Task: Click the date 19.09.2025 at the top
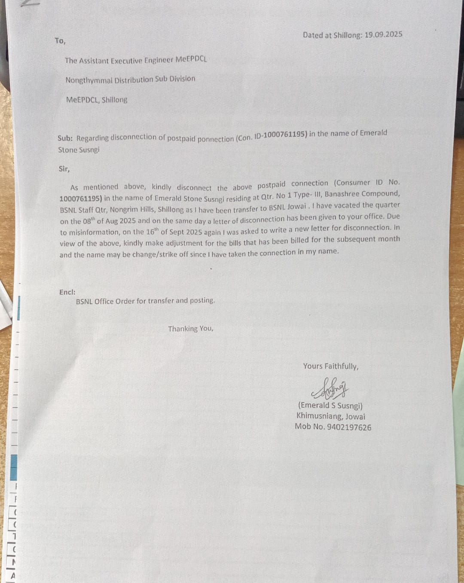(x=383, y=34)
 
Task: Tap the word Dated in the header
(x=312, y=35)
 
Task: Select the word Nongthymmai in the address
(x=89, y=80)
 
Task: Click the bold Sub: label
(x=65, y=138)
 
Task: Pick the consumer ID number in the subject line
(x=285, y=135)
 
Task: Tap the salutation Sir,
(x=64, y=169)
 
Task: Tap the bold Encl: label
(x=67, y=292)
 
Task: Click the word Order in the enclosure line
(x=125, y=301)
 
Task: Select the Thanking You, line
(x=190, y=329)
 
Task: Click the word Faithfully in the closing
(x=341, y=366)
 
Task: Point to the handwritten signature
(x=330, y=388)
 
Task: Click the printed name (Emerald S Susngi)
(x=330, y=406)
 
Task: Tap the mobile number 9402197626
(x=349, y=427)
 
